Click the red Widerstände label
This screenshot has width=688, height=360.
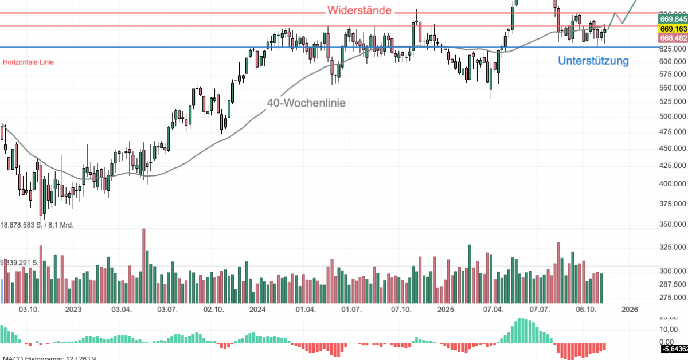click(359, 11)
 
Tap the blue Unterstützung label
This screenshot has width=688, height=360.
click(593, 61)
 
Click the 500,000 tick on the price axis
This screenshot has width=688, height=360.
click(672, 116)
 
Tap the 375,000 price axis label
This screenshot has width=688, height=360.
click(672, 204)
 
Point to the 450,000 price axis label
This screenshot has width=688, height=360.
click(672, 148)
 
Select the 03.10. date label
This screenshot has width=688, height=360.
click(29, 310)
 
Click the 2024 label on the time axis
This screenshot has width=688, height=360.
click(257, 310)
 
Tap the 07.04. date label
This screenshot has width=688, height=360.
click(493, 310)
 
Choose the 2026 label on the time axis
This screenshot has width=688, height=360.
click(630, 310)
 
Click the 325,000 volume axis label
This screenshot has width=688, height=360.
click(672, 247)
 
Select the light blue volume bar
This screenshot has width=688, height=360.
click(2, 291)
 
